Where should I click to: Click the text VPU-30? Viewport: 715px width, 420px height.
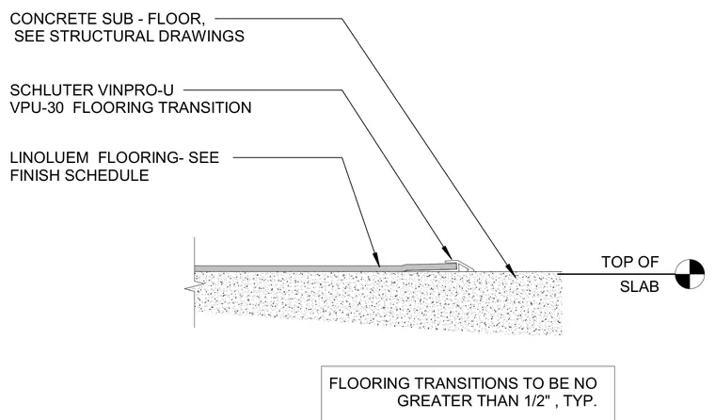[x=37, y=107]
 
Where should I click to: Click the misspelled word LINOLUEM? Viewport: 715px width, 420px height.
[x=49, y=158]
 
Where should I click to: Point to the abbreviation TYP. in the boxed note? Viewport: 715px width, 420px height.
[x=580, y=401]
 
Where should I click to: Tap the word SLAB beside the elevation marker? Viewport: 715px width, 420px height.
[x=640, y=286]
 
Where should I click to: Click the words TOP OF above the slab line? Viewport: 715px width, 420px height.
[x=629, y=262]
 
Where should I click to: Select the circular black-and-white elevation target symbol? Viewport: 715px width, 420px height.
[x=690, y=274]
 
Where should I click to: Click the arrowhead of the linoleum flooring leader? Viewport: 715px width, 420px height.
[x=376, y=260]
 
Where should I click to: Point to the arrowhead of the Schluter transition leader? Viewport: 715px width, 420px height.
[x=447, y=253]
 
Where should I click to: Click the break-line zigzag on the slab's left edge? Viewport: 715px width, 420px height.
[x=191, y=288]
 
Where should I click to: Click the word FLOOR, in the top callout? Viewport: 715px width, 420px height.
[x=176, y=19]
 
